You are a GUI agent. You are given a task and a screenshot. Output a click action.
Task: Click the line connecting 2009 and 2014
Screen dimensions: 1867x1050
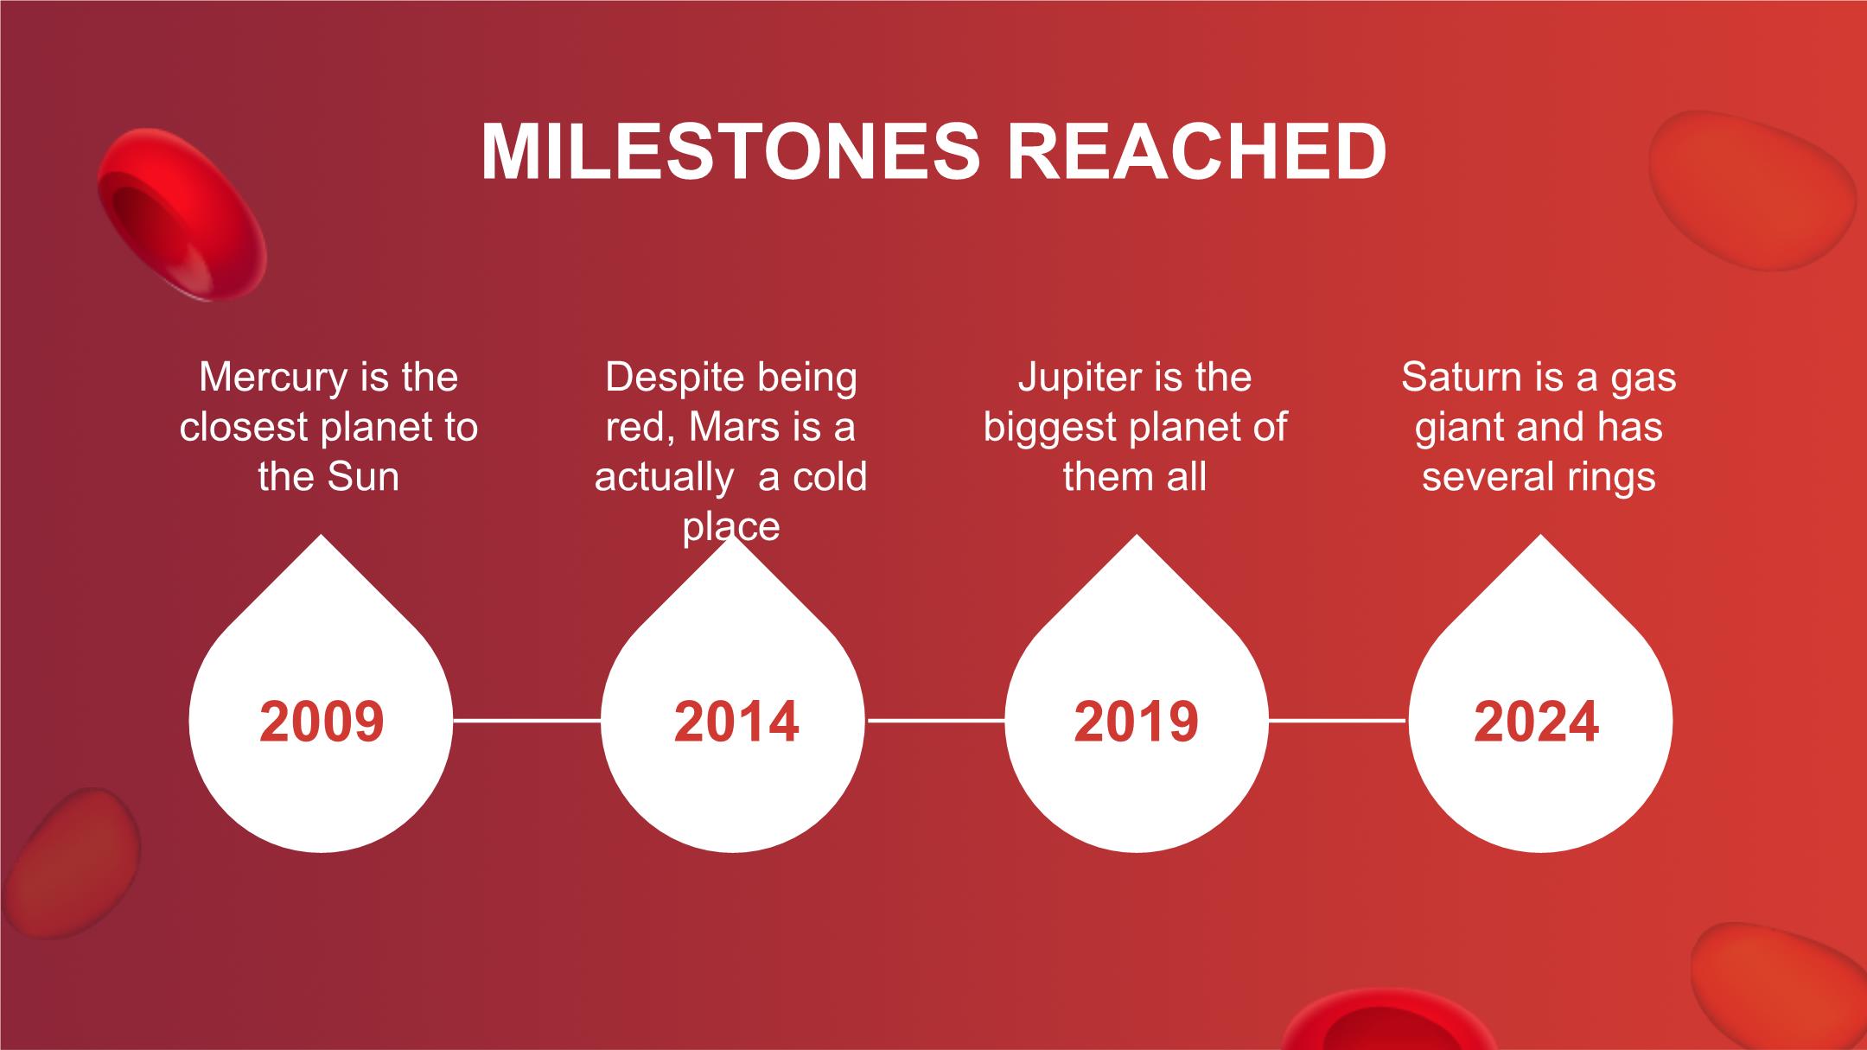(x=526, y=719)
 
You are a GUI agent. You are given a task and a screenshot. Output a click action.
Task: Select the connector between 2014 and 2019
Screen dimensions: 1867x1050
(x=935, y=719)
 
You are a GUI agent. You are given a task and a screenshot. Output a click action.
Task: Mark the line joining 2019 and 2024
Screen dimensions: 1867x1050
(x=1338, y=719)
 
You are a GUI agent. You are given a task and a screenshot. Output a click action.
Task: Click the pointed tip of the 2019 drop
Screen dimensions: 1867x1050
(x=1137, y=535)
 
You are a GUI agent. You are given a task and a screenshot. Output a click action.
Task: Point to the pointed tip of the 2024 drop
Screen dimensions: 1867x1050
(x=1540, y=535)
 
